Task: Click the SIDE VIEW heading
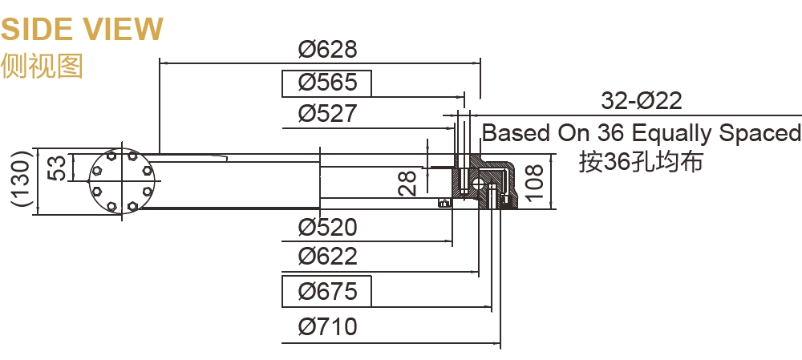point(82,30)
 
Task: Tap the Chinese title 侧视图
point(43,66)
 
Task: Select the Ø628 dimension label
point(327,50)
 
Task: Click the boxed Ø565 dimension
point(326,83)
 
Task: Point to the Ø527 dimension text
point(327,113)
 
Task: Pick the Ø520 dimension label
point(327,228)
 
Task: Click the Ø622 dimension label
point(327,257)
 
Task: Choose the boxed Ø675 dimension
point(326,292)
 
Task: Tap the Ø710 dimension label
point(327,327)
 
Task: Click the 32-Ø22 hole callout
point(641,101)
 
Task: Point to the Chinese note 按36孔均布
point(641,163)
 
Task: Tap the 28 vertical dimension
point(407,183)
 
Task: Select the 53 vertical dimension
point(56,168)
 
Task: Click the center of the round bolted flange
point(121,180)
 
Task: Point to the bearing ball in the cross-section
point(479,184)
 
